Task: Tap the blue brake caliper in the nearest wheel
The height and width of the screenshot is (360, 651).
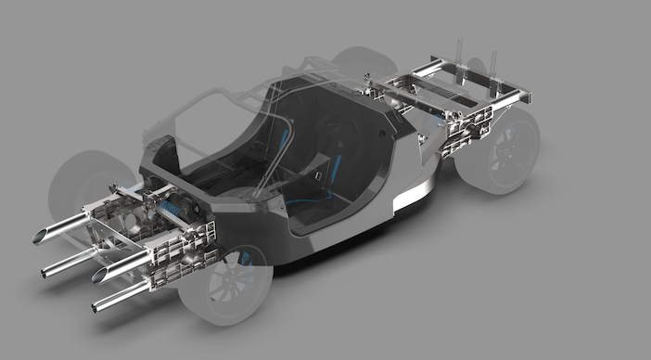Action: pos(245,259)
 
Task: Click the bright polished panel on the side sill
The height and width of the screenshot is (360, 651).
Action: pos(410,196)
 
